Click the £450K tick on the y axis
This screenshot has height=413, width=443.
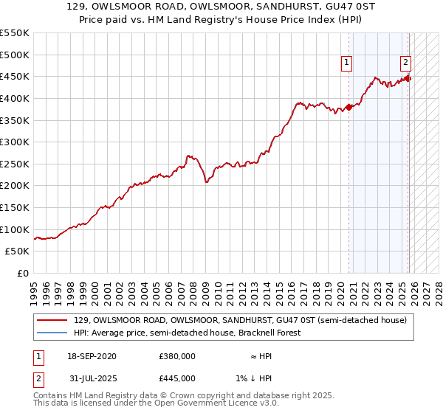(15, 76)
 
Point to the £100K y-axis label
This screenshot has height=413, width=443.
(15, 229)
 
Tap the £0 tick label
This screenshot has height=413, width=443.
(22, 273)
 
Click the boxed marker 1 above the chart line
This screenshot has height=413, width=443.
(346, 63)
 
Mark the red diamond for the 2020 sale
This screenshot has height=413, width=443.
(349, 107)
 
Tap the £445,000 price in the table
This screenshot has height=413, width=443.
(177, 378)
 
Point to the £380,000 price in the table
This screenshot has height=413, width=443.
(177, 356)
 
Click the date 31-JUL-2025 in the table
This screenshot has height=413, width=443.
(90, 378)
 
